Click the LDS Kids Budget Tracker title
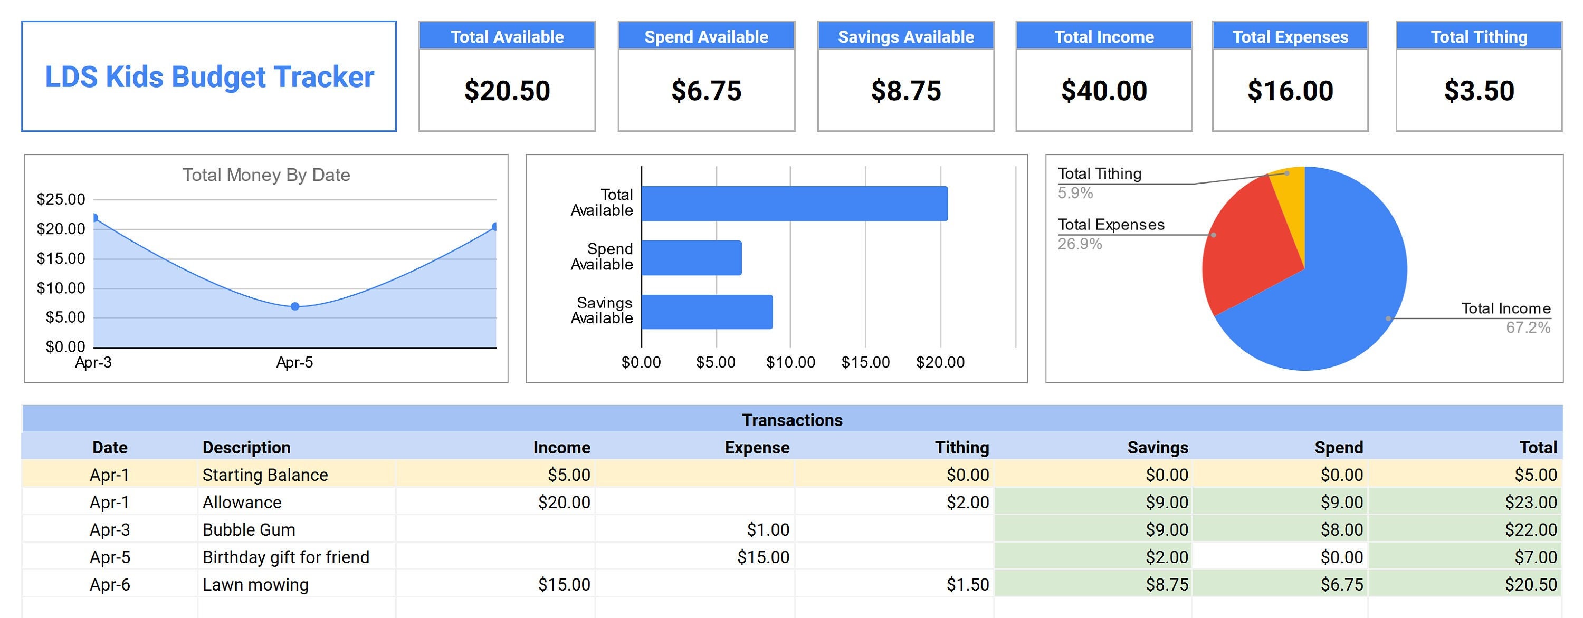coord(209,78)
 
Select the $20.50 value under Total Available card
coord(507,91)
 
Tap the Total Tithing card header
coord(1479,37)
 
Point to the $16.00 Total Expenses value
coord(1290,91)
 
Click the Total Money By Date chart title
coord(266,175)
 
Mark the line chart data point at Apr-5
coord(295,306)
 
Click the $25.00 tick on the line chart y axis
coord(61,199)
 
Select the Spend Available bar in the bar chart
coord(691,257)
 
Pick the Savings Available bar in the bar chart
coord(707,312)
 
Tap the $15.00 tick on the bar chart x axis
coord(865,362)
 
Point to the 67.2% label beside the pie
coord(1528,327)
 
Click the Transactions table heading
coord(792,420)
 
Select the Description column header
coord(246,447)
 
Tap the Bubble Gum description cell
coord(249,529)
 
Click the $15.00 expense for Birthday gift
coord(763,557)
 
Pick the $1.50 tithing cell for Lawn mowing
coord(967,584)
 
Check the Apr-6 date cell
coord(110,584)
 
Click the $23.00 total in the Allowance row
coord(1530,503)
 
